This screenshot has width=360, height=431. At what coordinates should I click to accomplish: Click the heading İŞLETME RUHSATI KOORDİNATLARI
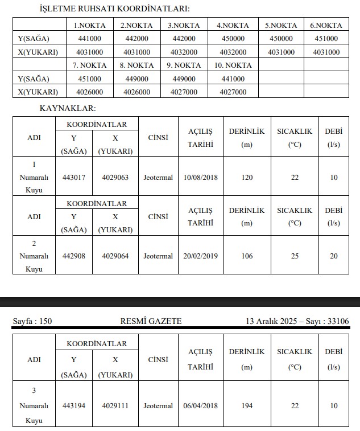pyautogui.click(x=114, y=9)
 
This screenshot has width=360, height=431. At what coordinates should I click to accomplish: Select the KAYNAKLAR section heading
pyautogui.click(x=68, y=108)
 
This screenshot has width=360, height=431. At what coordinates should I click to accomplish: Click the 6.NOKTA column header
pyautogui.click(x=326, y=25)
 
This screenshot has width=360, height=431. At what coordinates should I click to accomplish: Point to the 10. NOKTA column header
pyautogui.click(x=233, y=65)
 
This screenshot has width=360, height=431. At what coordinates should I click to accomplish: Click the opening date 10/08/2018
pyautogui.click(x=200, y=177)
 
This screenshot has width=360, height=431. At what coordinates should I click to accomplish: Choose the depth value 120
pyautogui.click(x=247, y=177)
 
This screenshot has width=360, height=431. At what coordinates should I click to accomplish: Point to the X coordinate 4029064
pyautogui.click(x=115, y=256)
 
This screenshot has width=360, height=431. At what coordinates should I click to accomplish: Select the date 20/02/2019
pyautogui.click(x=200, y=256)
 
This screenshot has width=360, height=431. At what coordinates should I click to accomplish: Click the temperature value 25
pyautogui.click(x=295, y=256)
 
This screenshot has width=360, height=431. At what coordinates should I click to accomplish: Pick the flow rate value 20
pyautogui.click(x=334, y=256)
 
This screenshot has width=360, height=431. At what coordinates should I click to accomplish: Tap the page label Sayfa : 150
pyautogui.click(x=32, y=322)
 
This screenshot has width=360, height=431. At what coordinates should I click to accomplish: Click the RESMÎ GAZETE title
pyautogui.click(x=154, y=322)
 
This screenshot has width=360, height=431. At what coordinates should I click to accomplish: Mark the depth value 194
pyautogui.click(x=247, y=406)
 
